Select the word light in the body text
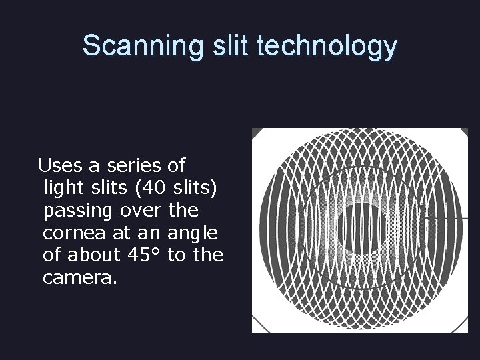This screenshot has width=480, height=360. [62, 187]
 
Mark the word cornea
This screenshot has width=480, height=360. [71, 233]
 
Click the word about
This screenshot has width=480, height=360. [97, 255]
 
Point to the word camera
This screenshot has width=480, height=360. [79, 278]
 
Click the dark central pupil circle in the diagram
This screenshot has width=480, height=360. [361, 229]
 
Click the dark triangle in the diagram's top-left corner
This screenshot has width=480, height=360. [257, 133]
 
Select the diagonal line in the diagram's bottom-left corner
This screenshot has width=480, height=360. [259, 324]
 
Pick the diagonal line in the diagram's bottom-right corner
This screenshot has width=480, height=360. [461, 324]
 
